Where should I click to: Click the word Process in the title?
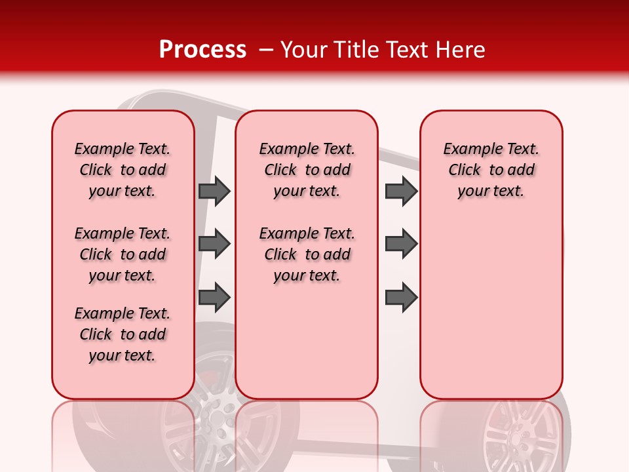click(x=202, y=50)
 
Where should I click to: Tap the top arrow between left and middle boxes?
click(x=214, y=191)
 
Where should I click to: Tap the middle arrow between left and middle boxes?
click(x=214, y=244)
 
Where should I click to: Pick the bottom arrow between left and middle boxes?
click(x=214, y=298)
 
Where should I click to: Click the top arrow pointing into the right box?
click(x=401, y=191)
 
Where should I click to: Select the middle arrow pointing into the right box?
click(x=401, y=244)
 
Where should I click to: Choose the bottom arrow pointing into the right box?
click(x=401, y=298)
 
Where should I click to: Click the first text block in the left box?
click(x=123, y=170)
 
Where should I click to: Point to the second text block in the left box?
click(x=123, y=254)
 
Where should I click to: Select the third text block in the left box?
click(x=123, y=334)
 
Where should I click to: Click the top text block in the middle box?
click(x=307, y=170)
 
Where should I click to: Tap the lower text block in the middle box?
click(x=307, y=254)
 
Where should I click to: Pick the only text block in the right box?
click(x=491, y=170)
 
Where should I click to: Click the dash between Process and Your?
click(x=266, y=50)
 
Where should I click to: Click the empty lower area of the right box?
click(x=491, y=315)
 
